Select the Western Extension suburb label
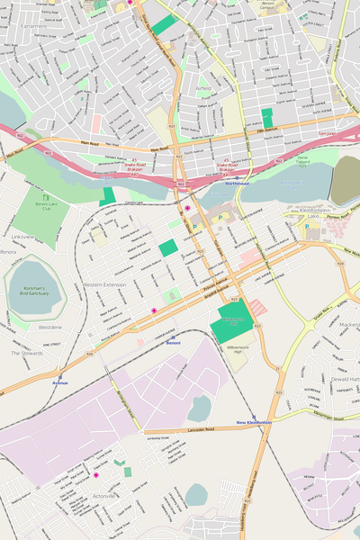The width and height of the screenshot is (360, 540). (104, 284)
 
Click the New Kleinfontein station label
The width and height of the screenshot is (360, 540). (254, 422)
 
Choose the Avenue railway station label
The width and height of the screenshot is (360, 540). (60, 382)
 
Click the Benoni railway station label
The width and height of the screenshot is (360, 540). (173, 343)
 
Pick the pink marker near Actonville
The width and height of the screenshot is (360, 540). (96, 474)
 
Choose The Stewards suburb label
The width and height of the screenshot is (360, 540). (27, 353)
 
